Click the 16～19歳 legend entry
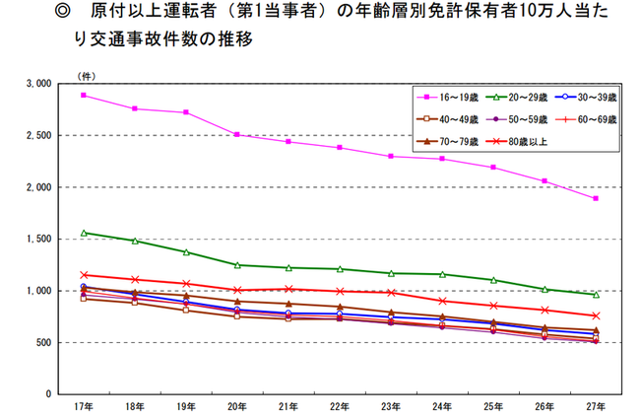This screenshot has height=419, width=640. (x=452, y=98)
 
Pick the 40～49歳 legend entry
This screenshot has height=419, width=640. (x=452, y=119)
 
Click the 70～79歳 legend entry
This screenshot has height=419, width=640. (x=452, y=141)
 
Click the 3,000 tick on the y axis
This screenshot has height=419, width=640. (x=38, y=84)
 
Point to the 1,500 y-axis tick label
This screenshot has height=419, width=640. (x=38, y=239)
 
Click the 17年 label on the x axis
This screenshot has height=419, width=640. (x=84, y=405)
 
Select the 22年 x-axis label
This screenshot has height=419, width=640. (x=340, y=405)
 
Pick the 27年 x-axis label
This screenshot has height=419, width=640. (x=596, y=405)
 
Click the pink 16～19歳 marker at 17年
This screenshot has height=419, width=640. (x=84, y=95)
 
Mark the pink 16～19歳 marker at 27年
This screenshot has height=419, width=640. (x=596, y=198)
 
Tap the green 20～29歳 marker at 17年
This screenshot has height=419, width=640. (x=84, y=233)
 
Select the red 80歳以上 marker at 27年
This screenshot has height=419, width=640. (x=596, y=315)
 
